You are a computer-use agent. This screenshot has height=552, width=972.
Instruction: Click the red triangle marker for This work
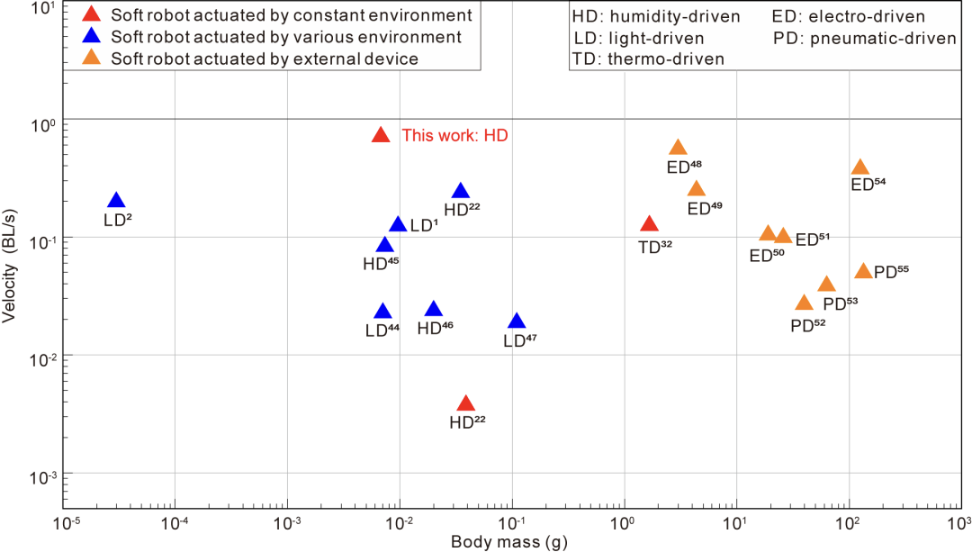381,135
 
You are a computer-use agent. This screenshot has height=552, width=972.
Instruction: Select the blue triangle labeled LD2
116,201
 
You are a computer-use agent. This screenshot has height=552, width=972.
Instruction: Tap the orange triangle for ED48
678,148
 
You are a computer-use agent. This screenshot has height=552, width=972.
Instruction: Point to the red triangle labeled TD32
649,224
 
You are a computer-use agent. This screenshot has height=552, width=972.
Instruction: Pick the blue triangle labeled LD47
517,321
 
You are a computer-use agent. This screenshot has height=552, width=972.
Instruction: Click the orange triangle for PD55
863,271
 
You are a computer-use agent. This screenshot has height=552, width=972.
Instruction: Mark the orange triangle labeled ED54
860,167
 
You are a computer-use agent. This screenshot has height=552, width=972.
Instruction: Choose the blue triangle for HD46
434,310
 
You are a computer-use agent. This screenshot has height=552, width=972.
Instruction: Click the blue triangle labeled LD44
382,312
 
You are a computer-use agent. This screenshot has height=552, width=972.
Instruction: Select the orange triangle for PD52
805,303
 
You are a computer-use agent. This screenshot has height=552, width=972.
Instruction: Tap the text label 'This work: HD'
454,136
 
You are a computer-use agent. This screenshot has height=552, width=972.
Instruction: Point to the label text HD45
381,264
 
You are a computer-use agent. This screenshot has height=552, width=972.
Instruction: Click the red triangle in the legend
91,15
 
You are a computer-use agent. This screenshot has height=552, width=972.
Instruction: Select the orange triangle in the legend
91,59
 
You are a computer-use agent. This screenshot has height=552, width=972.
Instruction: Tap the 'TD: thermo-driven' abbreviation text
648,59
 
